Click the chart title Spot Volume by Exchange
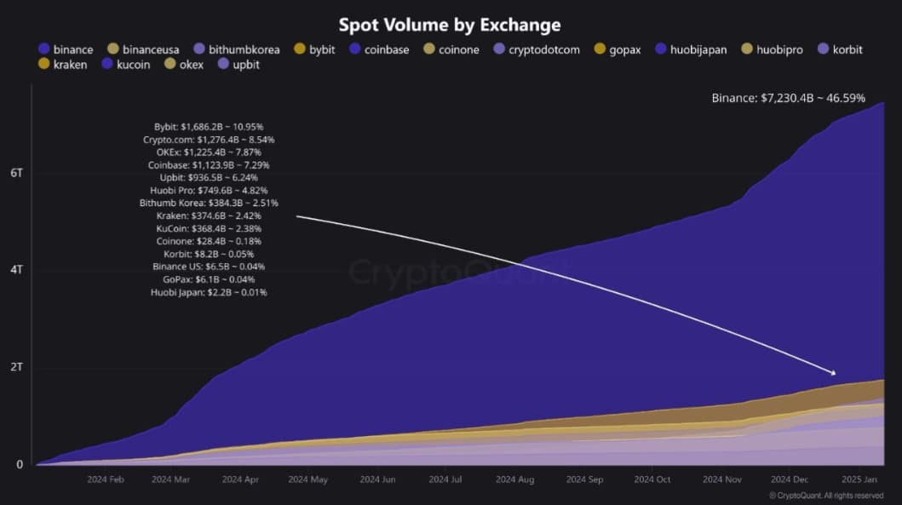[450, 25]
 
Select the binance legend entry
[66, 49]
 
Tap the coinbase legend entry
[379, 49]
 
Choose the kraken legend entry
[62, 65]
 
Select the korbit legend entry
[839, 49]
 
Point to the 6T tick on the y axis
[16, 172]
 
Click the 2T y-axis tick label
[16, 368]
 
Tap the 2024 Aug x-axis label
[514, 479]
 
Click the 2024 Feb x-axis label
[107, 479]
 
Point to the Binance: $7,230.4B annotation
[788, 98]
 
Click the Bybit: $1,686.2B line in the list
[210, 126]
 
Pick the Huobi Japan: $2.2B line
[204, 292]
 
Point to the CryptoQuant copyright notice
[825, 495]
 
